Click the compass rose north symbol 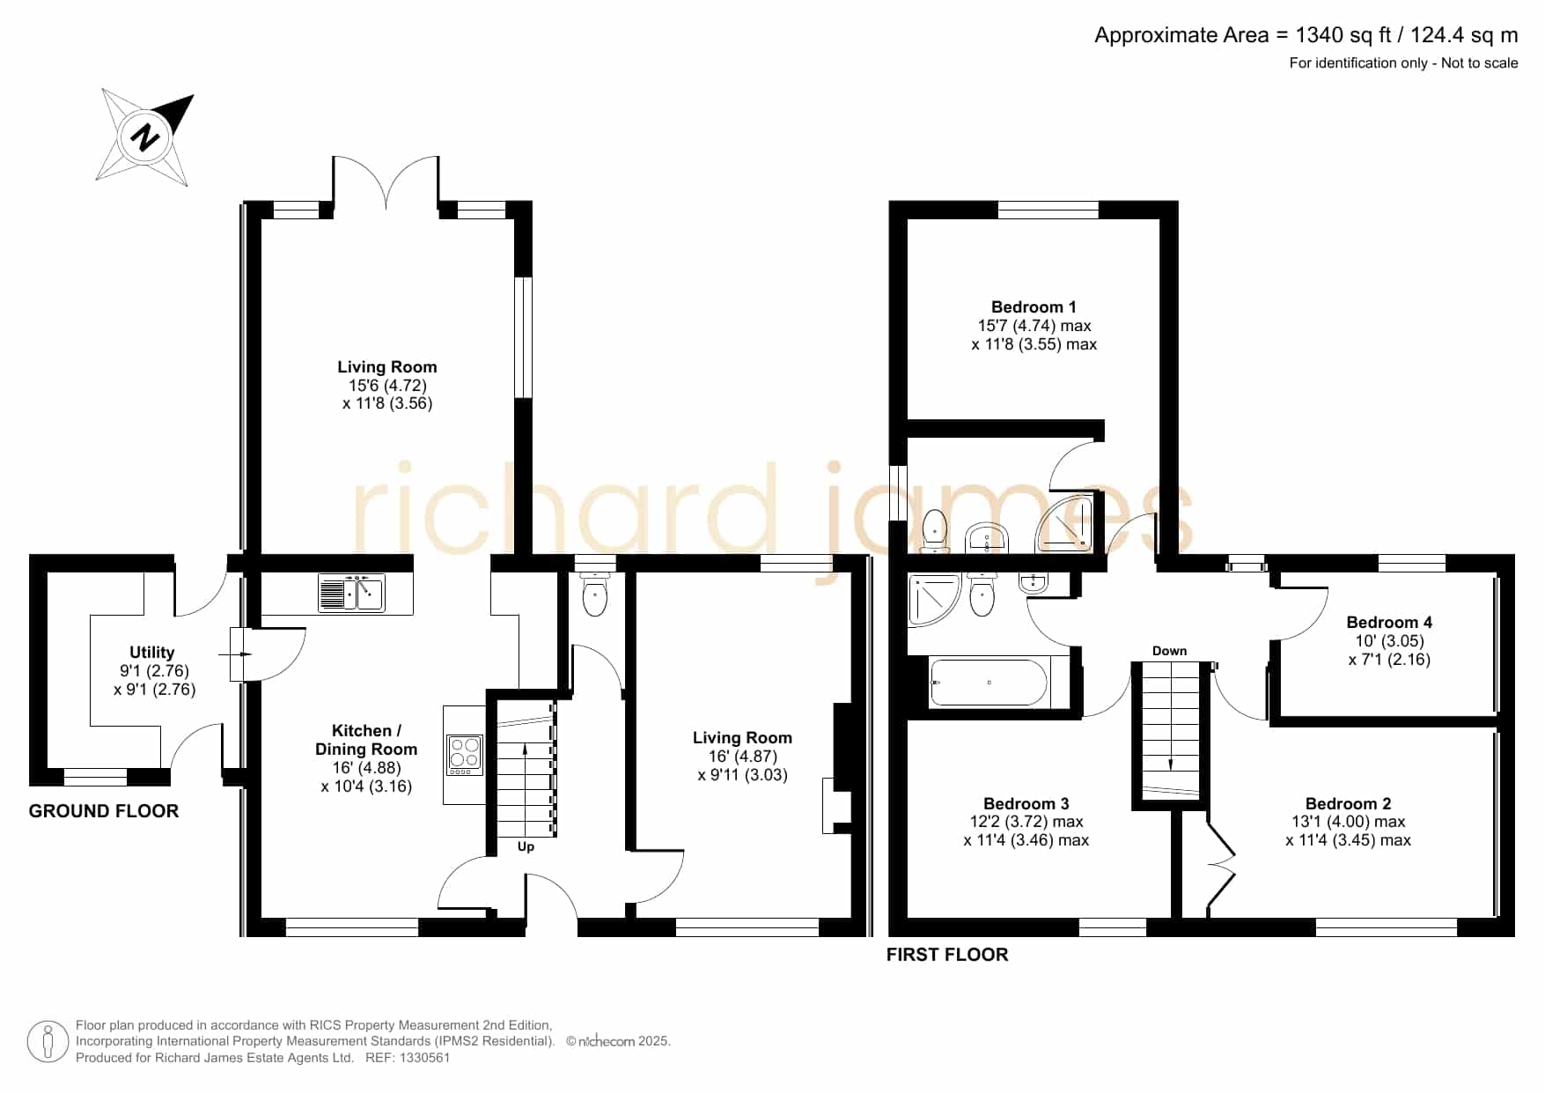click(144, 137)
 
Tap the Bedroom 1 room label click(1034, 307)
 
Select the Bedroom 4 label click(1389, 623)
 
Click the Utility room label click(151, 653)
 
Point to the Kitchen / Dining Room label click(366, 740)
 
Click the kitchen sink click(351, 592)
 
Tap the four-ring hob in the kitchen click(465, 755)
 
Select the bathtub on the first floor click(989, 683)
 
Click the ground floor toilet click(595, 595)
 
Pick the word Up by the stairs click(526, 847)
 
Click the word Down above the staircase click(1169, 651)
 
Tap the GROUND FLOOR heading click(104, 811)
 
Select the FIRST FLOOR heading click(947, 955)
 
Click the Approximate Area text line click(1306, 35)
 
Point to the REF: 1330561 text click(408, 1058)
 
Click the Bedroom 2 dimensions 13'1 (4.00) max click(1347, 822)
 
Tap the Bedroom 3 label click(1026, 804)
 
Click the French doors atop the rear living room click(386, 183)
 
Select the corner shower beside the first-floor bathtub click(934, 600)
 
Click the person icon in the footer click(48, 1042)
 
